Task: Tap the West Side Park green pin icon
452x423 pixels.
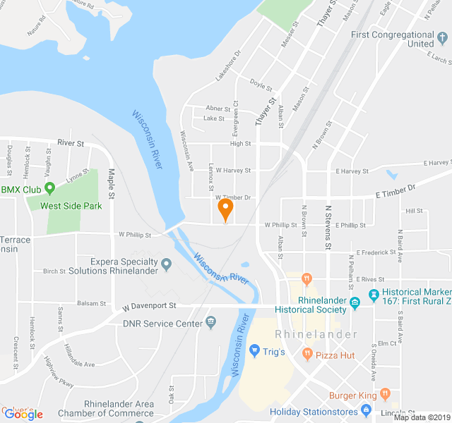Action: pyautogui.click(x=49, y=189)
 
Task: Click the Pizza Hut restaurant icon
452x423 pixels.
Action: pyautogui.click(x=307, y=352)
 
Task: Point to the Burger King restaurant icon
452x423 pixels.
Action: pyautogui.click(x=384, y=393)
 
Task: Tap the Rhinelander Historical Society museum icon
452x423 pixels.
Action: pyautogui.click(x=355, y=303)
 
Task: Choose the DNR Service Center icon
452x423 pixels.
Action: pyautogui.click(x=210, y=322)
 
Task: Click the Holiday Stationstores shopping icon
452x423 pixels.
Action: pyautogui.click(x=365, y=410)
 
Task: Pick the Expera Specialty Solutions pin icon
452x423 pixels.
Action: pyautogui.click(x=167, y=265)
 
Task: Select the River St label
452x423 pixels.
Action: pyautogui.click(x=71, y=143)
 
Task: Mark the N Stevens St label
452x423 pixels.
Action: pyautogui.click(x=328, y=227)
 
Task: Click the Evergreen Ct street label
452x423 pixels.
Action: pyautogui.click(x=236, y=118)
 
